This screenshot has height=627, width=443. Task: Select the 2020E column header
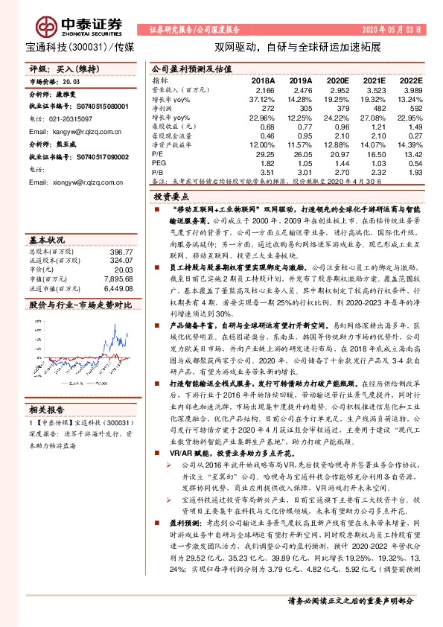337,80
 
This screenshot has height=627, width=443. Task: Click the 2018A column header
263,80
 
